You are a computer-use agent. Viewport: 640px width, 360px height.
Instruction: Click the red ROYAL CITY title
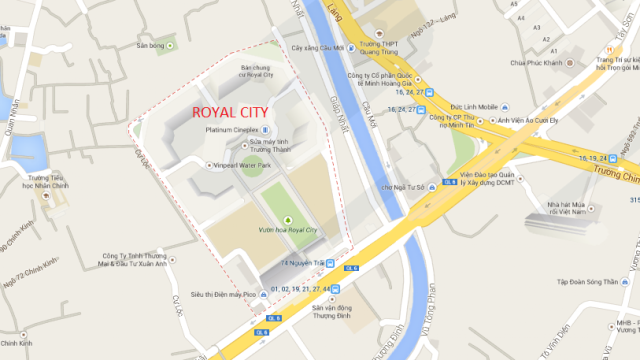coord(230,112)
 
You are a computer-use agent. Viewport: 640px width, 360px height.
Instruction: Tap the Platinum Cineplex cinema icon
coord(265,130)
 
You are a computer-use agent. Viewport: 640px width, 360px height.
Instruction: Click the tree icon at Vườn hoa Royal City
coord(287,220)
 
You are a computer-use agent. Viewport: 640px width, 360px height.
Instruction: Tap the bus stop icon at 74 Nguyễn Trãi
coord(330,263)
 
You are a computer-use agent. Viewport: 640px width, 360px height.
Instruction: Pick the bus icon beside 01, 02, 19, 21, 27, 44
coord(335,289)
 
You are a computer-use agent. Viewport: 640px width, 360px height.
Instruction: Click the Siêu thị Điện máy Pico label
coord(223,294)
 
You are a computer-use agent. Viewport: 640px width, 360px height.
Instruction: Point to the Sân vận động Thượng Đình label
coord(332,311)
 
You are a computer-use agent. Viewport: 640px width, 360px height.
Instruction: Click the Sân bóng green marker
coord(170,45)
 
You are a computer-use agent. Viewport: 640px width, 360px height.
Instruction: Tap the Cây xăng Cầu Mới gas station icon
coord(352,48)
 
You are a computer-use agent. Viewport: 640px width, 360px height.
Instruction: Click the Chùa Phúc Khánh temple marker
coord(569,63)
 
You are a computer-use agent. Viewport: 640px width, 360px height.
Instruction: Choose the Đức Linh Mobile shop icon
coord(505,107)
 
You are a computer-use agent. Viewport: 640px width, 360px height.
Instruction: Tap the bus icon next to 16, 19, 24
coord(613,158)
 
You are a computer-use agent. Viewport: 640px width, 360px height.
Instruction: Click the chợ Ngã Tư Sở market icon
coord(432,187)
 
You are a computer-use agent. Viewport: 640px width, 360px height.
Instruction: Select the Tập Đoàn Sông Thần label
coord(587,282)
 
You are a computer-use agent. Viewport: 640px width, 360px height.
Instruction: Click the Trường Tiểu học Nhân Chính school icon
coord(46,195)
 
